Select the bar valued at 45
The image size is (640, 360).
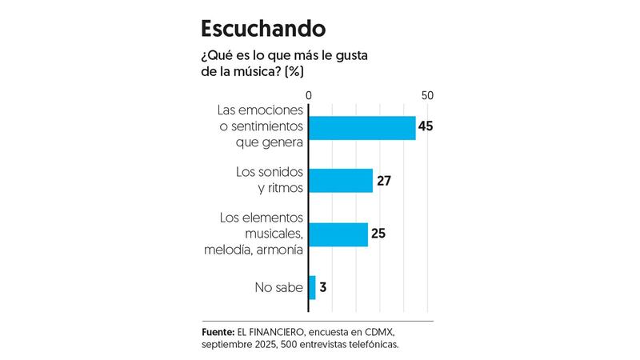tap(362, 128)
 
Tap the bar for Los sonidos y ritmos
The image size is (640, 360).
tap(341, 181)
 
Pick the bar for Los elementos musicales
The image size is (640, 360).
tap(338, 234)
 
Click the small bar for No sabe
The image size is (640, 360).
tap(312, 287)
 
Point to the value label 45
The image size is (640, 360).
tap(426, 128)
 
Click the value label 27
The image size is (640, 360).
tap(383, 181)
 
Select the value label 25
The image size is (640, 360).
tap(378, 234)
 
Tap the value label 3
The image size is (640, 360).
tap(324, 288)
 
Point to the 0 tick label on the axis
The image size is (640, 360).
tap(309, 95)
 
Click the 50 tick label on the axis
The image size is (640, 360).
tap(427, 95)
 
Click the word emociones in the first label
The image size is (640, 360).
tap(273, 112)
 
